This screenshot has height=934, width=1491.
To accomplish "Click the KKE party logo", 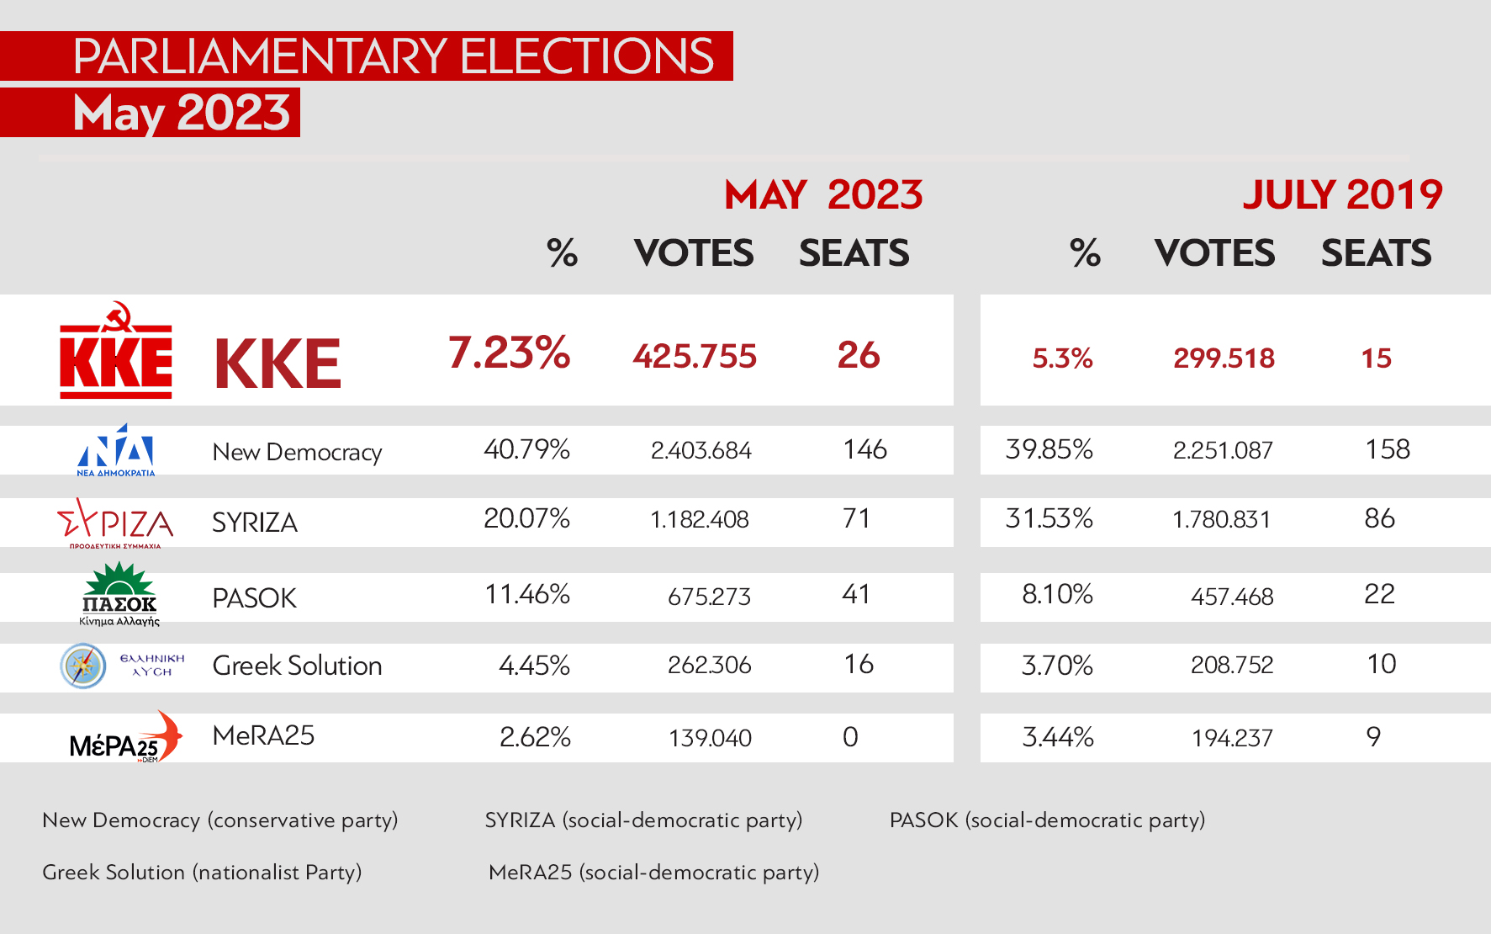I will point(116,352).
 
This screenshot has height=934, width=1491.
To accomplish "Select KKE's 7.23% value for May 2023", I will point(509,353).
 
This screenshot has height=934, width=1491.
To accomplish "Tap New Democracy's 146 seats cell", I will point(864,449).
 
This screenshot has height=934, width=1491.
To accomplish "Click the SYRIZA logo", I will point(115,522).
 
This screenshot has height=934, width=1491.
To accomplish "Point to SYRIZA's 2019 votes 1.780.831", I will point(1221,519).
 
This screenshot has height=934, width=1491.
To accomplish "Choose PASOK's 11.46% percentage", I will point(527,595).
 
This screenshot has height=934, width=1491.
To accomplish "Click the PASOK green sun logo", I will point(119,592).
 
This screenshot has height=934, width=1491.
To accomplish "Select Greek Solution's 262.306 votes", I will point(709,666).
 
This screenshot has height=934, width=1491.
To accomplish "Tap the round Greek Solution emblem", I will point(83,666).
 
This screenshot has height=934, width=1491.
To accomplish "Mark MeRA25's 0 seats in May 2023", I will point(850,737).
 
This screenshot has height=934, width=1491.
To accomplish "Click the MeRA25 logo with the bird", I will point(125,737).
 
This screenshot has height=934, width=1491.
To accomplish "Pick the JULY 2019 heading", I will point(1342,195).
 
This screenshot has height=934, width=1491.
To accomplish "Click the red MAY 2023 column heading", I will point(823,195).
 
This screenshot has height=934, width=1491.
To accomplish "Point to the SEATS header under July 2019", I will point(1376,253).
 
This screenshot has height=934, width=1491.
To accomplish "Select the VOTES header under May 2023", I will point(694,253).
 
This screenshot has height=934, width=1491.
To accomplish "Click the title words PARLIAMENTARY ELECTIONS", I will point(393,56).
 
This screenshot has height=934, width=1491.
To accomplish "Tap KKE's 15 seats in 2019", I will point(1376,358).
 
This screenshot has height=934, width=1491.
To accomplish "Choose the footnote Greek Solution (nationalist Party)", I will point(202,872).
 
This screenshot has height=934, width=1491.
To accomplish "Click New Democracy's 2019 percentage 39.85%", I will point(1049,449).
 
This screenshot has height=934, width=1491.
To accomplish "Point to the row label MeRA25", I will point(263,735).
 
